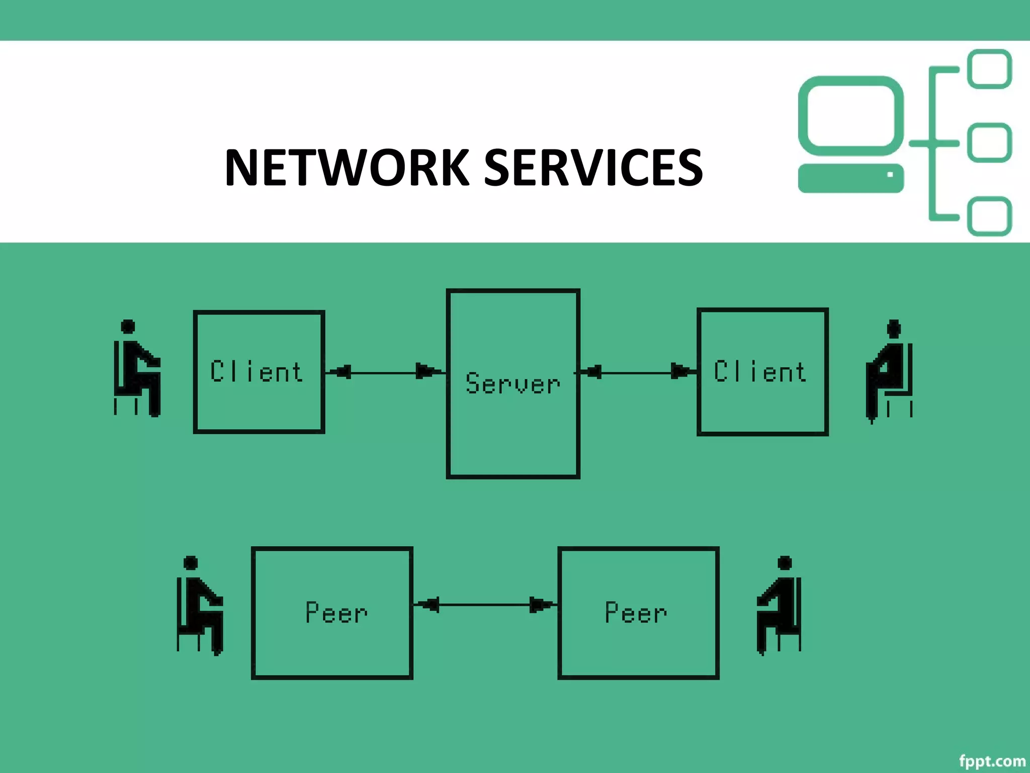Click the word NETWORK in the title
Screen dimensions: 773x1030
coord(347,168)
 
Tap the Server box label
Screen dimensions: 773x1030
coord(512,383)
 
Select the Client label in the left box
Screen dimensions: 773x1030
coord(256,372)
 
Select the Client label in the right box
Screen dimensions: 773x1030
coord(760,372)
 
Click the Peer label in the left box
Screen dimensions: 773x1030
coord(336,612)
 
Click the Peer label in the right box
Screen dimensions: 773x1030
coord(636,612)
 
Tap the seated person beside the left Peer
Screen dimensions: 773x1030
coord(199,606)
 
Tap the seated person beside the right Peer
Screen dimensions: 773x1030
coord(779,606)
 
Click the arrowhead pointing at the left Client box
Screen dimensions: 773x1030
coord(343,372)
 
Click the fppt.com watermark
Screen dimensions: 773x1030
coord(992,760)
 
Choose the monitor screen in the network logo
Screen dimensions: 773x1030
coord(850,116)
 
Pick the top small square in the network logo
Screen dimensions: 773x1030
coord(989,69)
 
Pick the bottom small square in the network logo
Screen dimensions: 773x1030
coord(989,216)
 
